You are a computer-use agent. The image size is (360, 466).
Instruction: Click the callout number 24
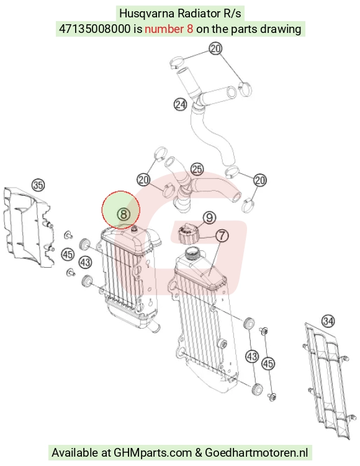point(181,104)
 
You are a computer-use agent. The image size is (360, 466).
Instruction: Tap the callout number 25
point(197,169)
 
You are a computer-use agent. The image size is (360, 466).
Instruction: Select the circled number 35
point(38,185)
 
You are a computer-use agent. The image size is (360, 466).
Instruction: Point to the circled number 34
point(328,321)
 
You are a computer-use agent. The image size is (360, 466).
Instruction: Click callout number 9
point(210,217)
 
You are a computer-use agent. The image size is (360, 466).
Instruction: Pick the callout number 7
point(222,235)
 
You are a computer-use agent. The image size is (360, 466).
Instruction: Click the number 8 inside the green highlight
point(124,214)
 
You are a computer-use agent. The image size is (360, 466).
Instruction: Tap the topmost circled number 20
point(216,48)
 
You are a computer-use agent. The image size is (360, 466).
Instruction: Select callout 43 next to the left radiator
point(86,262)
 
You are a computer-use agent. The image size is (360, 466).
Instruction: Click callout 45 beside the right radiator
point(268,363)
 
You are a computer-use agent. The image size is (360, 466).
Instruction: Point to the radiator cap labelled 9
point(188,235)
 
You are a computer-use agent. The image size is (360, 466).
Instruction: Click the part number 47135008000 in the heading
point(95,29)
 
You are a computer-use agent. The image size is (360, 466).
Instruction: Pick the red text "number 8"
point(169,29)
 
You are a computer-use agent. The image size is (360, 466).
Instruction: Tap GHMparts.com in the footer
point(153,452)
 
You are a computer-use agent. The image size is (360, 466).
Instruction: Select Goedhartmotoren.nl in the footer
point(256,452)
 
